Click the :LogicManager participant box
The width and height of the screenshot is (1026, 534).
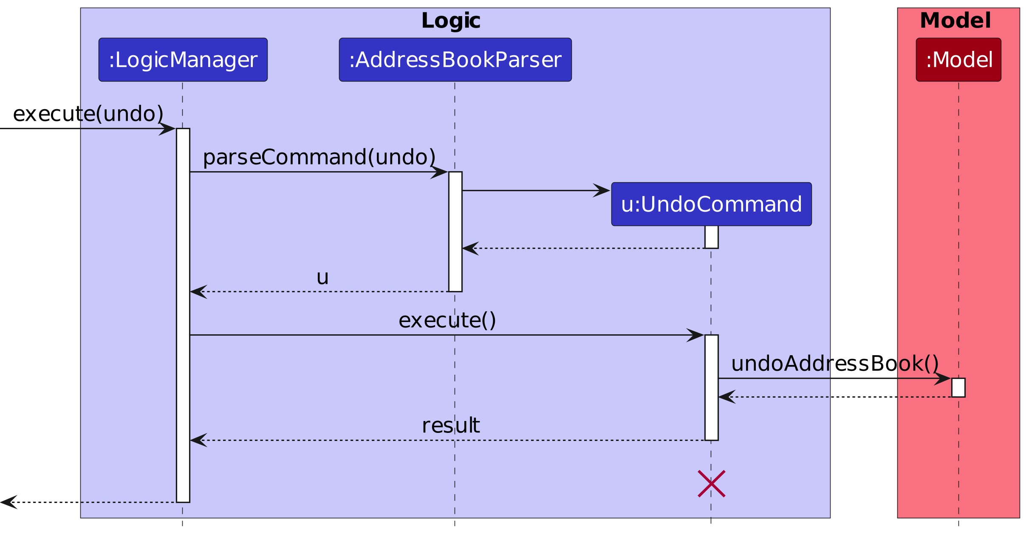(x=183, y=59)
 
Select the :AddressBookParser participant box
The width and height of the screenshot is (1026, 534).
(x=455, y=59)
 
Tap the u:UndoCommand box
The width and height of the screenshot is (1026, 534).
(x=711, y=204)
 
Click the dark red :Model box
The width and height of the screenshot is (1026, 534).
(x=958, y=59)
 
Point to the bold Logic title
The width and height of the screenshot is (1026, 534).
(x=450, y=21)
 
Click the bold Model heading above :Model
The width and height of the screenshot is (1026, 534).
(x=955, y=21)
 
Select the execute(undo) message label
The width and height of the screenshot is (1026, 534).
(x=88, y=114)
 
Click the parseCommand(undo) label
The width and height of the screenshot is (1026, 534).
(x=319, y=157)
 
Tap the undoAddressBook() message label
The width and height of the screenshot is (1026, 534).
(x=834, y=364)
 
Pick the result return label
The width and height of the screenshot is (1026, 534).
(x=450, y=426)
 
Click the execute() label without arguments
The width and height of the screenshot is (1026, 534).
(x=447, y=320)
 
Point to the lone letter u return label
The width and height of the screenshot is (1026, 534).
(x=322, y=277)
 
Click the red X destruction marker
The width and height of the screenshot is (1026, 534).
(x=711, y=483)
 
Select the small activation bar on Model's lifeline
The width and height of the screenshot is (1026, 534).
(x=958, y=387)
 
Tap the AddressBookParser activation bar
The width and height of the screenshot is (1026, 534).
(x=455, y=232)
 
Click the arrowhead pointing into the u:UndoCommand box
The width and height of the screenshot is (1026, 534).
(x=602, y=190)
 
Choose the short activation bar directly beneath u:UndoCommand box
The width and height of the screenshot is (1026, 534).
(x=711, y=237)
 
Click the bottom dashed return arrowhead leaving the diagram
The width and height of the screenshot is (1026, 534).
(x=8, y=502)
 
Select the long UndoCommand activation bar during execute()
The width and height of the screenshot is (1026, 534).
(x=711, y=387)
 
